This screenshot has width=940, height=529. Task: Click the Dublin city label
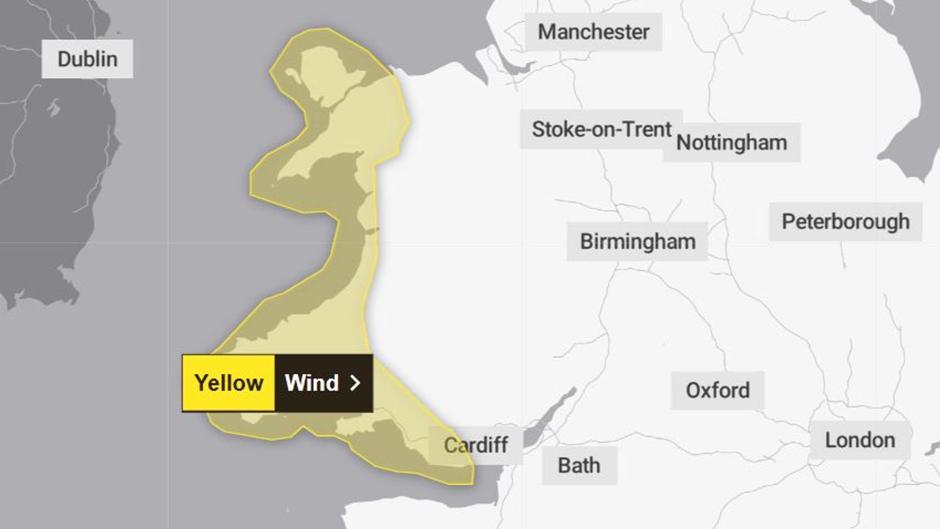tap(87, 59)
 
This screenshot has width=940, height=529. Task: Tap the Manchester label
tap(593, 32)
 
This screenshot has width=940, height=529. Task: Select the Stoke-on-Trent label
tap(601, 129)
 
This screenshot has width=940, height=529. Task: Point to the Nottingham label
tap(732, 142)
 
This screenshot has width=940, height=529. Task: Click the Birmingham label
tap(638, 242)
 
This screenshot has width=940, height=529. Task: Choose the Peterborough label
tap(845, 222)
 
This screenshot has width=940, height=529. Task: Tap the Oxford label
tap(717, 391)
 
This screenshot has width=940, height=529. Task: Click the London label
tap(860, 440)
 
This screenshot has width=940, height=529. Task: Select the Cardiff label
tap(476, 445)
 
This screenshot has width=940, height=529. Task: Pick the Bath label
tap(579, 466)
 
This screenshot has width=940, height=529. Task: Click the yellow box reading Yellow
tap(229, 383)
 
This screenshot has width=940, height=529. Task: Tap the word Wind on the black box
tap(312, 383)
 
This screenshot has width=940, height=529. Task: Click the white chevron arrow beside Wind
tap(355, 383)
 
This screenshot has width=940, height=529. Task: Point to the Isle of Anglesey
tap(321, 73)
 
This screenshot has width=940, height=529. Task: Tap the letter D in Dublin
tap(63, 59)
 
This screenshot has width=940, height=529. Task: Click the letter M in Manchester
tap(546, 32)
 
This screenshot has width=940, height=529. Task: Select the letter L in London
tap(830, 440)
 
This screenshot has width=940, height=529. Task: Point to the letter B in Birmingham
tap(586, 242)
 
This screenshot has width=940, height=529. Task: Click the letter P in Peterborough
tap(788, 222)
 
